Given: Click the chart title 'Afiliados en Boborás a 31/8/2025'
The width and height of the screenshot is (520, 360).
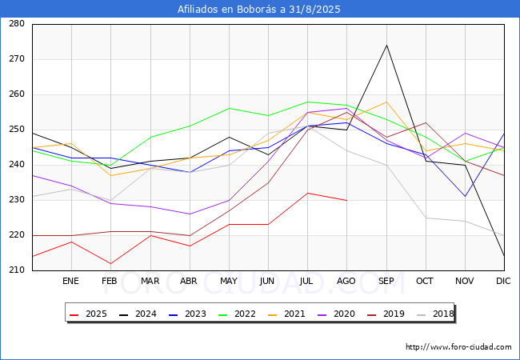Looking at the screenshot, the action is click(258, 10).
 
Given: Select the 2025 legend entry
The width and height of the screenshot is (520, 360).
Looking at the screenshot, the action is click(88, 314).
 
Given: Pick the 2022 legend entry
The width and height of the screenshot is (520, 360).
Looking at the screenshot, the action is click(237, 314).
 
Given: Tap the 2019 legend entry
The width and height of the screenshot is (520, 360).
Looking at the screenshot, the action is click(386, 314).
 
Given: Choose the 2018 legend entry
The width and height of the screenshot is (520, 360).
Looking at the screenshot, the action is click(435, 314).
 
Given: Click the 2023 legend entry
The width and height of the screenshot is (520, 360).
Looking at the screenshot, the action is click(187, 314).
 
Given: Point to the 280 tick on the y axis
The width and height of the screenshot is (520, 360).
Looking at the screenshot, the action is click(17, 24).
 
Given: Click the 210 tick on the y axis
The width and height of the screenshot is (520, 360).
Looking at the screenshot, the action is click(17, 270).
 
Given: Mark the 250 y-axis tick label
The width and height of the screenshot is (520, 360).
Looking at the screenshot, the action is click(17, 130).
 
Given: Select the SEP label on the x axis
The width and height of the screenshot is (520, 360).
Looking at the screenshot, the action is click(386, 281).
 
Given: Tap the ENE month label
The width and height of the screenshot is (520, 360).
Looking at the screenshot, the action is click(70, 281).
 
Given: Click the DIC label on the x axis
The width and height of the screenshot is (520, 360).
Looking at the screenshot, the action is click(503, 281).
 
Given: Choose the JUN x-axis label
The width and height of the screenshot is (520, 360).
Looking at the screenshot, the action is click(267, 281).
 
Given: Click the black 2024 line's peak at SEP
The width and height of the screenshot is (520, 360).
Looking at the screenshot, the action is click(386, 46).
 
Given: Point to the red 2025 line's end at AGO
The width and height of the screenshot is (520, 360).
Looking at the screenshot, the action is click(347, 200).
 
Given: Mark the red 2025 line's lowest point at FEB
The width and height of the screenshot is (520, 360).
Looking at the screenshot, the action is click(110, 263).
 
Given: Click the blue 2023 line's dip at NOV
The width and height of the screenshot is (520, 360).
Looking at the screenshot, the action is click(466, 197).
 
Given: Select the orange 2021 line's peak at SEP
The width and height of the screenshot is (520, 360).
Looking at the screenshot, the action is click(386, 102).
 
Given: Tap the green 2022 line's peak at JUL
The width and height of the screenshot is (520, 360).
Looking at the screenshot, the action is click(308, 102).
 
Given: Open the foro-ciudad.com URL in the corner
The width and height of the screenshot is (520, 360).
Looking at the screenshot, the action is click(458, 347).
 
